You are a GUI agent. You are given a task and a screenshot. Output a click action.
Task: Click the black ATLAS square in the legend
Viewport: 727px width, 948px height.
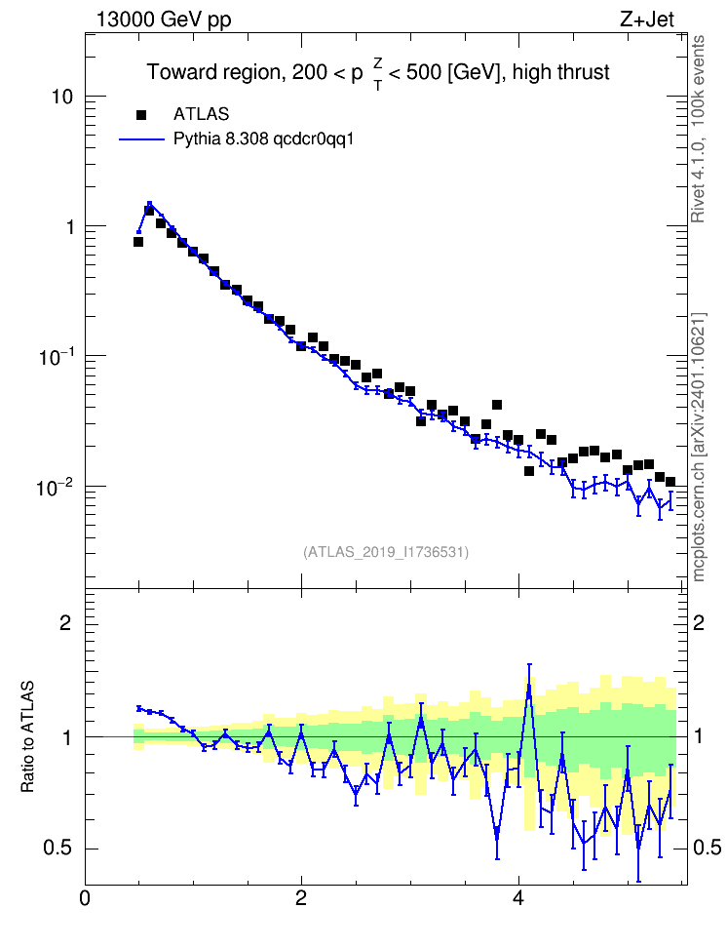pyautogui.click(x=141, y=115)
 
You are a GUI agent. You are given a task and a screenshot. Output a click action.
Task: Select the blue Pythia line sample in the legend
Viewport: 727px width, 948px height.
pyautogui.click(x=142, y=139)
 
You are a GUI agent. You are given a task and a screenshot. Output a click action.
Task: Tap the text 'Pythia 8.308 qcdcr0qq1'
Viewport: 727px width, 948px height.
pyautogui.click(x=263, y=139)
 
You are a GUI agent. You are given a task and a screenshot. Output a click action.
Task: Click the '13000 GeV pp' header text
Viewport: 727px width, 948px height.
pyautogui.click(x=164, y=20)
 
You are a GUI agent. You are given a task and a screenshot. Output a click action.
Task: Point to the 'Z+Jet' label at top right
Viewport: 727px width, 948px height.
pyautogui.click(x=647, y=20)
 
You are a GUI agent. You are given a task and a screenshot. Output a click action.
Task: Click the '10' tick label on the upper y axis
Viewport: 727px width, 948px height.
pyautogui.click(x=62, y=97)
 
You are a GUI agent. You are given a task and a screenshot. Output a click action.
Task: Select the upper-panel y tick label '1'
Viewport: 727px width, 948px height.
pyautogui.click(x=69, y=227)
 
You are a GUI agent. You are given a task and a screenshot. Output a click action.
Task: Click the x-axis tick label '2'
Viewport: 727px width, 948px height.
pyautogui.click(x=301, y=898)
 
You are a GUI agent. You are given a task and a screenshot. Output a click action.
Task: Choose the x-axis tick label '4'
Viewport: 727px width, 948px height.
pyautogui.click(x=517, y=898)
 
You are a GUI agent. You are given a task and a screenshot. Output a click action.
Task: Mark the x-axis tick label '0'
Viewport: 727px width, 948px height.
pyautogui.click(x=85, y=898)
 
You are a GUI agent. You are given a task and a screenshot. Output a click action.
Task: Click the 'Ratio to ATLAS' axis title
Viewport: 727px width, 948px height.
pyautogui.click(x=27, y=736)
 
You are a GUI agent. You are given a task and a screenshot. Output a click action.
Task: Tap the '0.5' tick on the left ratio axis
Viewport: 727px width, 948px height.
pyautogui.click(x=57, y=849)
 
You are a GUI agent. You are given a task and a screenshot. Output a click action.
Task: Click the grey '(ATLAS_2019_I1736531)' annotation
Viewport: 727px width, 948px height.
pyautogui.click(x=386, y=552)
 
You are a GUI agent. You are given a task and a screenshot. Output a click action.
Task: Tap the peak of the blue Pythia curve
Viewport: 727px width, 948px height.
pyautogui.click(x=149, y=204)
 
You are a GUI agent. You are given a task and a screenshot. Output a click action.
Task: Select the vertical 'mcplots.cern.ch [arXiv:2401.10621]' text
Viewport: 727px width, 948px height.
pyautogui.click(x=699, y=447)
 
